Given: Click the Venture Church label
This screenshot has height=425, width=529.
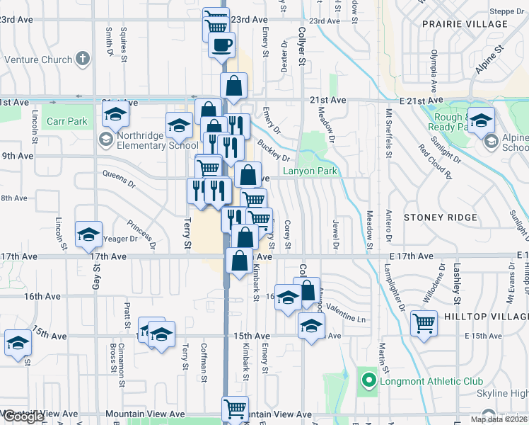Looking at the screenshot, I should [37, 60].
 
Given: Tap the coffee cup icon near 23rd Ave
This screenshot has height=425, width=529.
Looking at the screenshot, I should [221, 45].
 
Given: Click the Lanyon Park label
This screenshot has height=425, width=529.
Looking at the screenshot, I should [310, 171].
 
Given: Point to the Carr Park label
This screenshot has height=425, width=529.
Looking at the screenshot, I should [67, 121].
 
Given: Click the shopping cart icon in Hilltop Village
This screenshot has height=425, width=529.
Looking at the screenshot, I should [424, 324].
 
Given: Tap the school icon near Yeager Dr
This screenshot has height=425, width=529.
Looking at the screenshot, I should [89, 234].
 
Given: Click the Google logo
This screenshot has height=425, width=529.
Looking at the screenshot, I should [23, 417].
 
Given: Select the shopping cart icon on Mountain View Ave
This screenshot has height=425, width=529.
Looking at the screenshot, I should [235, 409].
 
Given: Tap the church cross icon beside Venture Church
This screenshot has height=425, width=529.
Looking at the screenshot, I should [83, 59].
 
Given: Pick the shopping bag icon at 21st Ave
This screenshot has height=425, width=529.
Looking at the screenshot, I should [234, 86].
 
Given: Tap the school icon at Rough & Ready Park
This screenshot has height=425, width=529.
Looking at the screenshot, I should [482, 121].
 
